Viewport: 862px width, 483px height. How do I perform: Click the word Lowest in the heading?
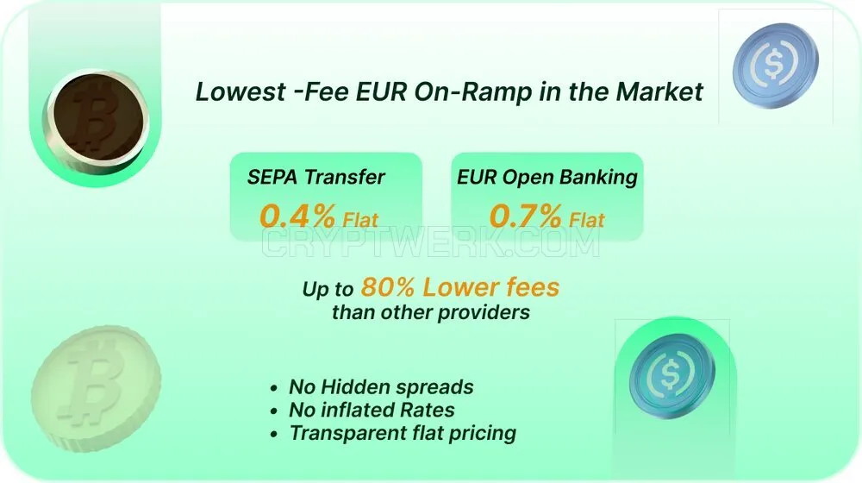pos(240,91)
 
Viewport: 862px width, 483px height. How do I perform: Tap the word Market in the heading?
pos(659,91)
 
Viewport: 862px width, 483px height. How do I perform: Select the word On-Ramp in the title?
pos(472,92)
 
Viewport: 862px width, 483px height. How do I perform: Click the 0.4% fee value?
pos(297,215)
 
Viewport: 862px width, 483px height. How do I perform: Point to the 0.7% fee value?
pos(526,215)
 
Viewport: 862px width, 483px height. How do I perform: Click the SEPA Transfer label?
pos(315,177)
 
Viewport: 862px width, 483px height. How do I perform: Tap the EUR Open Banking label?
pos(547,178)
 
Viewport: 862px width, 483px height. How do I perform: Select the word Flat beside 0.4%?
pos(360,220)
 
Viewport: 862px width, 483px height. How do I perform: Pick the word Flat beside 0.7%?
pos(586,220)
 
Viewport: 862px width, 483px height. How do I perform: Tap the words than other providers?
pos(431,312)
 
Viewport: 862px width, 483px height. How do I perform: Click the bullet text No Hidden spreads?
pos(381,387)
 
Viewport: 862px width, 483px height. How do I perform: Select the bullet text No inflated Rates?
pos(372,411)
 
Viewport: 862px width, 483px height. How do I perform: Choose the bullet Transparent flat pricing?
pos(403,434)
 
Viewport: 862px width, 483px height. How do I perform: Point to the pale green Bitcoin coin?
pos(96,388)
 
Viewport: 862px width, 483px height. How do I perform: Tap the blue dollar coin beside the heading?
pos(775,65)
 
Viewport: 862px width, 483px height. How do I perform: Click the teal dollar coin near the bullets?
pos(671,375)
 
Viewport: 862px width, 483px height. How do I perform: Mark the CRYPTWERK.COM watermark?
pos(430,242)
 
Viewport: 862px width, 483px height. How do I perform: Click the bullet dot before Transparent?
pos(274,435)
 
